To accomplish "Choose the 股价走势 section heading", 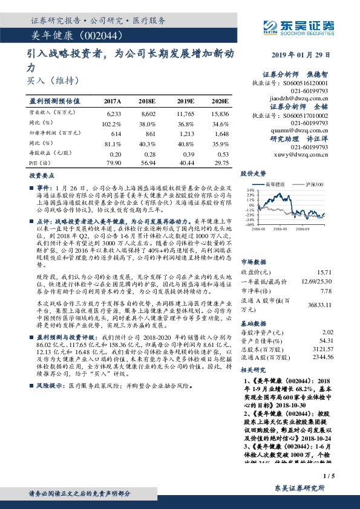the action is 253,173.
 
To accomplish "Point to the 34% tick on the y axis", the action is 250,189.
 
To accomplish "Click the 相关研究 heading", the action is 253,369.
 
